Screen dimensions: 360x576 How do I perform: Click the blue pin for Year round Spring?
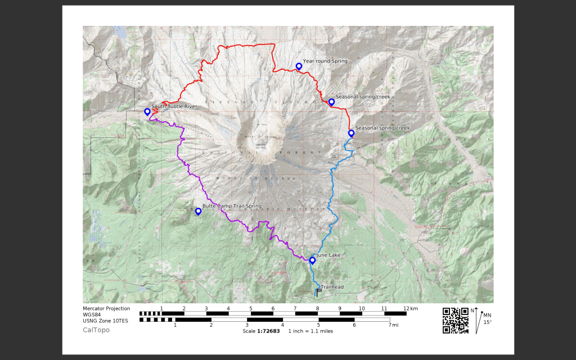[x=299, y=66]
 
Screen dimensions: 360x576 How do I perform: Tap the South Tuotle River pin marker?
[x=147, y=111]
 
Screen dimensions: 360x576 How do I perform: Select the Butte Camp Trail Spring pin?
[x=198, y=211]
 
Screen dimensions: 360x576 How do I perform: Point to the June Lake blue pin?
[x=312, y=260]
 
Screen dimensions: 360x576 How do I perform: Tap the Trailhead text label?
[x=332, y=287]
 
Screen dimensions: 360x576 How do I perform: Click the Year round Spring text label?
[x=325, y=61]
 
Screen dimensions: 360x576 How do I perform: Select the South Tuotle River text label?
[x=174, y=106]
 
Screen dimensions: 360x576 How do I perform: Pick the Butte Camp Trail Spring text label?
[x=228, y=206]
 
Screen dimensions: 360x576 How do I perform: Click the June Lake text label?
[x=328, y=255]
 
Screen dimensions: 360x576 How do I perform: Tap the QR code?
[x=456, y=320]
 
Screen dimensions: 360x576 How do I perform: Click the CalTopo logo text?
[x=96, y=330]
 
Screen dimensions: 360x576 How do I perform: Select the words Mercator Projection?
[x=106, y=308]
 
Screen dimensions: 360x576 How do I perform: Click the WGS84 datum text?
[x=92, y=314]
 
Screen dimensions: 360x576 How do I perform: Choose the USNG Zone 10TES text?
[x=105, y=321]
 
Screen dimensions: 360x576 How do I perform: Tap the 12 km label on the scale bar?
[x=410, y=308]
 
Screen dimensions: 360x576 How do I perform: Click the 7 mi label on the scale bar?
[x=393, y=325]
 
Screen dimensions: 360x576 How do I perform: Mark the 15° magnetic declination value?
[x=487, y=322]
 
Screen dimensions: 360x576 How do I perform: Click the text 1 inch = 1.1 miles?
[x=310, y=331]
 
